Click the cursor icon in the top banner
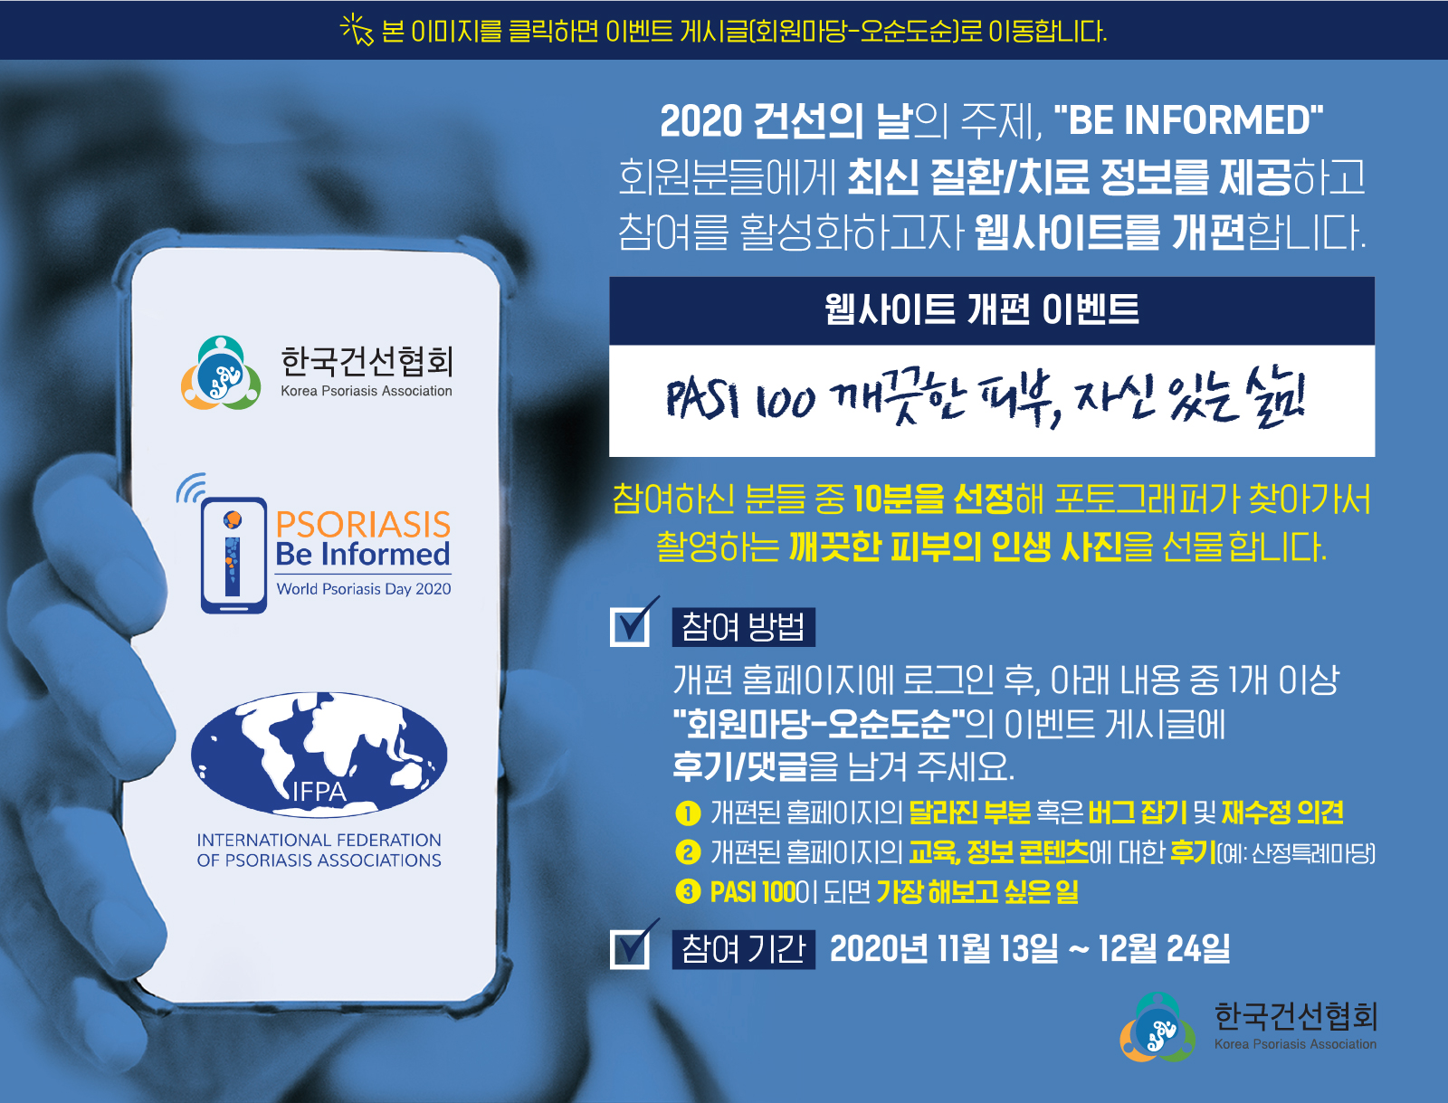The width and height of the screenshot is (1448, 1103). (357, 30)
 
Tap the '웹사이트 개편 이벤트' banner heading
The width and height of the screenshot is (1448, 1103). (982, 309)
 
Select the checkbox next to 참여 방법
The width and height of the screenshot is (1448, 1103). (632, 623)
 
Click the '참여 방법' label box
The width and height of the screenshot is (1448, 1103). (744, 627)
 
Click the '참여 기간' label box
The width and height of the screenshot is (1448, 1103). (744, 949)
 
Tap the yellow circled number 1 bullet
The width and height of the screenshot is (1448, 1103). (688, 813)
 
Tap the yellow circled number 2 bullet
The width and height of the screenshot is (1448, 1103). (688, 853)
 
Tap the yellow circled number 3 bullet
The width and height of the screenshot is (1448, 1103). (688, 893)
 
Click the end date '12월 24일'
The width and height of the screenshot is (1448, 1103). (1165, 949)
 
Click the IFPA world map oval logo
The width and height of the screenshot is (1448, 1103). (319, 755)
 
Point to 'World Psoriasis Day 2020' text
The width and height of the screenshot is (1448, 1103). (364, 589)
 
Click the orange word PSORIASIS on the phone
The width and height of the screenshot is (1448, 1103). (364, 525)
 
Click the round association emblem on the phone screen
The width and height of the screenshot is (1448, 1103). (221, 373)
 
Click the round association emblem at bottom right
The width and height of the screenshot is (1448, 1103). (1157, 1027)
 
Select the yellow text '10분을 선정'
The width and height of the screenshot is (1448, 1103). (933, 499)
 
